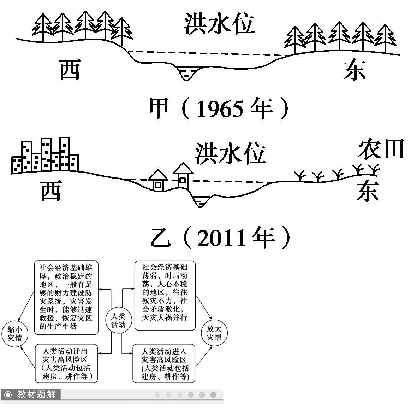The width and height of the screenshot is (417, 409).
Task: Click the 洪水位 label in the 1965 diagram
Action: [219, 24]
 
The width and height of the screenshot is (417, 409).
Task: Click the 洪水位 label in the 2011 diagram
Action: [230, 154]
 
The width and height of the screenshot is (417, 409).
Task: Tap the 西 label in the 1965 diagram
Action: [70, 69]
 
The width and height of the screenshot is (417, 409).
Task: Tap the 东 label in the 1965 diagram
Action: [354, 70]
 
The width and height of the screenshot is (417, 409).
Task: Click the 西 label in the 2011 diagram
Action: [52, 191]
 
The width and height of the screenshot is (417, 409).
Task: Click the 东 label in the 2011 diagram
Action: [367, 191]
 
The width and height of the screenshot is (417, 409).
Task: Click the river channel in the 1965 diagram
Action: [187, 73]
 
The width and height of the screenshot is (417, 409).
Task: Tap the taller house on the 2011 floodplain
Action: [183, 176]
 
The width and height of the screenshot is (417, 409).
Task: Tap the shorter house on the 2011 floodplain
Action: [158, 181]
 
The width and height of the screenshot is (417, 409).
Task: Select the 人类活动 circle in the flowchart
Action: [118, 321]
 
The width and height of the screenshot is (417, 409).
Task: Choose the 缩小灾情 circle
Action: [15, 333]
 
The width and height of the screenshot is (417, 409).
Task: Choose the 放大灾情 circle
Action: [214, 333]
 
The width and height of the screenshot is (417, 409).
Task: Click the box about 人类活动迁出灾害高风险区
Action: [66, 364]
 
